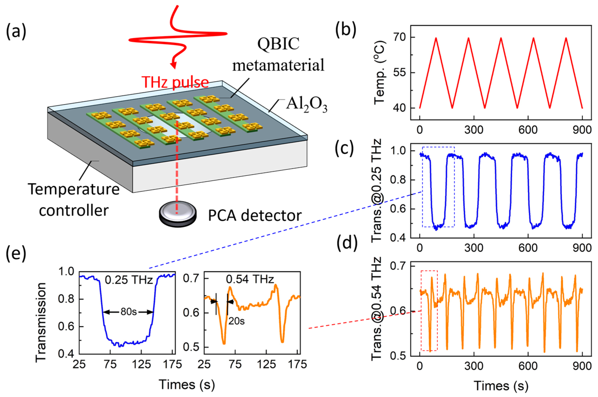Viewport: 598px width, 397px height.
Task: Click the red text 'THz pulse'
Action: [175, 82]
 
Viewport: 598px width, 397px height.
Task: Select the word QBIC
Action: [278, 44]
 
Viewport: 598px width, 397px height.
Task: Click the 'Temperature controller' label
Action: [74, 200]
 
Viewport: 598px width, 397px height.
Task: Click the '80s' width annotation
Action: [129, 312]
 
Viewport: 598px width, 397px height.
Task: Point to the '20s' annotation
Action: [237, 321]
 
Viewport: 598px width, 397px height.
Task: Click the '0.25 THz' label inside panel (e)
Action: [129, 280]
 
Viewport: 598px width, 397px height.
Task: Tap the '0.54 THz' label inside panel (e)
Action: [250, 279]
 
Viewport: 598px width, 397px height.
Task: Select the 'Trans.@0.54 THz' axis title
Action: [377, 309]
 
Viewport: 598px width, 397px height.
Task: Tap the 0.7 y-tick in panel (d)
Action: [398, 266]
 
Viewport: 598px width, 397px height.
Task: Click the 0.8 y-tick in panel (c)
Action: [398, 180]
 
